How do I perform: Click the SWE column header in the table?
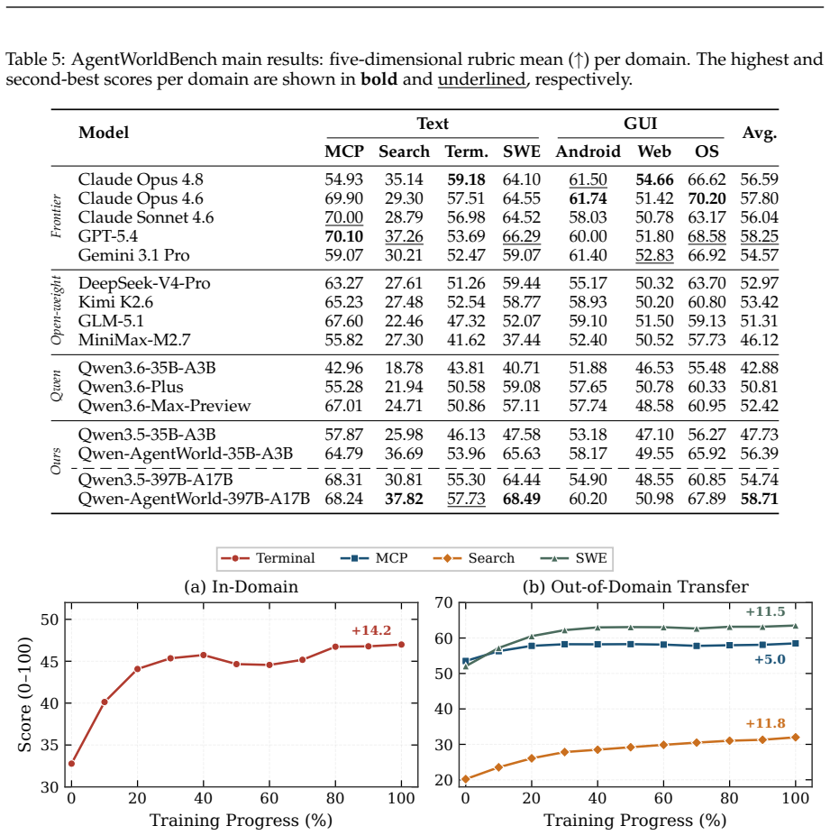pyautogui.click(x=522, y=151)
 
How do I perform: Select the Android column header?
pyautogui.click(x=588, y=151)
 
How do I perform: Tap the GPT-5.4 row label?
pyautogui.click(x=107, y=236)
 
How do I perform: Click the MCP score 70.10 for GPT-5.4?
pyautogui.click(x=343, y=236)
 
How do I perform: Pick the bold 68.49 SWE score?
pyautogui.click(x=522, y=499)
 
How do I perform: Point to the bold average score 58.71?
pyautogui.click(x=759, y=499)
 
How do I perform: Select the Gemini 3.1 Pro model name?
pyautogui.click(x=133, y=255)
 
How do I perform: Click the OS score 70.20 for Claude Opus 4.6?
pyautogui.click(x=707, y=198)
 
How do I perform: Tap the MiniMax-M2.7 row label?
pyautogui.click(x=134, y=340)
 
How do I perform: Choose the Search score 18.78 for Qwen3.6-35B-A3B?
pyautogui.click(x=404, y=368)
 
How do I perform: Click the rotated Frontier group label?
pyautogui.click(x=56, y=216)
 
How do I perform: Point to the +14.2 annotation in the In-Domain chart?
pyautogui.click(x=370, y=630)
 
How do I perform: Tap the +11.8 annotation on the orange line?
pyautogui.click(x=765, y=723)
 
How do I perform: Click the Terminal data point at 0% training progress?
pyautogui.click(x=71, y=764)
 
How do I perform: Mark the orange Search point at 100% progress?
pyautogui.click(x=796, y=738)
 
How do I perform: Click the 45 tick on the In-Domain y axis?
pyautogui.click(x=50, y=662)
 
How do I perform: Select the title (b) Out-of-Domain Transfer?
pyautogui.click(x=635, y=587)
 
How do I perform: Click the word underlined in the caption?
pyautogui.click(x=481, y=79)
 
